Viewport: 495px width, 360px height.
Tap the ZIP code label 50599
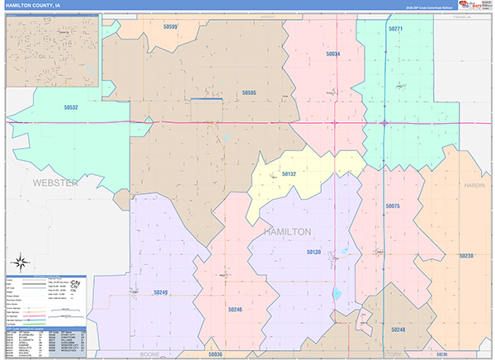click(x=171, y=27)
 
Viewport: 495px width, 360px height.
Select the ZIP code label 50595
click(x=249, y=93)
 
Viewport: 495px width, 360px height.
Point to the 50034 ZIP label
click(x=332, y=54)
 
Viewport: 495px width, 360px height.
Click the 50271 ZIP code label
click(x=395, y=29)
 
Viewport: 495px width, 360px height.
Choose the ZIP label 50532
click(x=72, y=107)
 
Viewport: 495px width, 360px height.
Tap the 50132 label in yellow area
click(x=289, y=174)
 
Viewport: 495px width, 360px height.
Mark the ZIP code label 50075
click(x=392, y=206)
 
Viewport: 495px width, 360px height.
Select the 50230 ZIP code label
click(x=467, y=256)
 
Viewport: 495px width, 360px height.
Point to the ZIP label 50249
click(x=160, y=292)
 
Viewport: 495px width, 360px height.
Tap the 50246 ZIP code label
click(x=235, y=310)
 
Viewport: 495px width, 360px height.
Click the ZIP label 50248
click(x=398, y=329)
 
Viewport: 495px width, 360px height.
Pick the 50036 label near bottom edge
click(x=216, y=353)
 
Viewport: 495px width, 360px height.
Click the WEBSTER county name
click(x=54, y=182)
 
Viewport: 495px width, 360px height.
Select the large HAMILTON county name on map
click(x=287, y=232)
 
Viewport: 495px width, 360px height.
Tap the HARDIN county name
click(x=474, y=186)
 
